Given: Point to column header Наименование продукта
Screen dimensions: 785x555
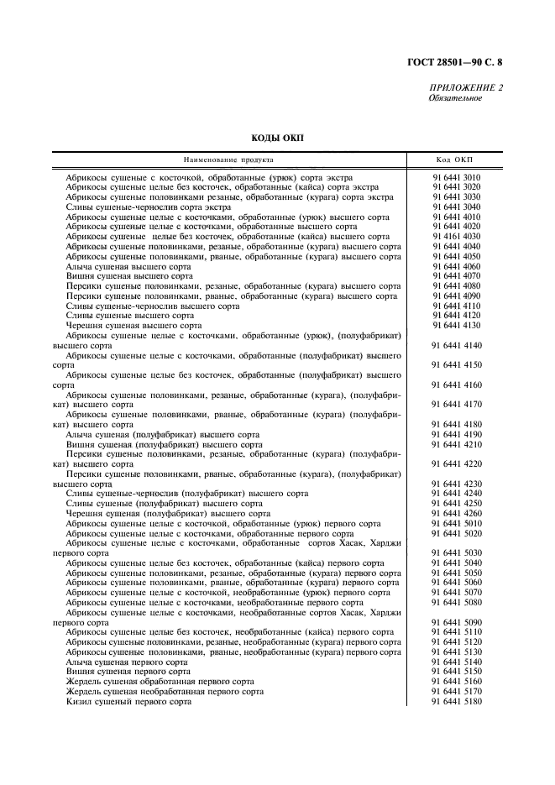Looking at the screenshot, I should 229,160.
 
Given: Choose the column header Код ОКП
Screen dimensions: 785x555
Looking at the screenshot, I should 454,160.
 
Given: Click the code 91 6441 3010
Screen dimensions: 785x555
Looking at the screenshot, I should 456,177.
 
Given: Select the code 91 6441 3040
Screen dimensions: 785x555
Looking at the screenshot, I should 456,207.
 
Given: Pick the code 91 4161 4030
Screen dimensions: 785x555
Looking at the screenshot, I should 456,237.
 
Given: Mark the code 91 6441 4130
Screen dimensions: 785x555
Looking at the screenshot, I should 456,325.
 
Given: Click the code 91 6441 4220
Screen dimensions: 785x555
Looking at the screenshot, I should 456,463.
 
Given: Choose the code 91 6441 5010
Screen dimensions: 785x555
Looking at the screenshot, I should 456,523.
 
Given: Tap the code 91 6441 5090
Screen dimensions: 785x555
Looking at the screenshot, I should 456,622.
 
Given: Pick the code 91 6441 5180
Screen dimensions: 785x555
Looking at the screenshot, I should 456,701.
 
